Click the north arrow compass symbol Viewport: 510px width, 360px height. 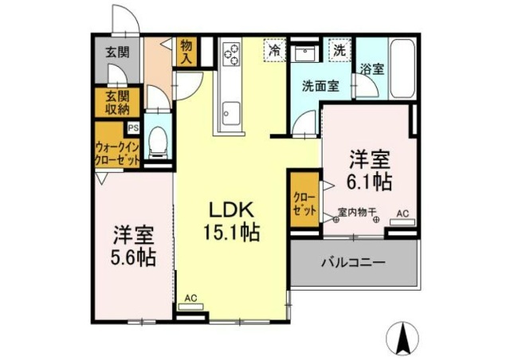[404, 339]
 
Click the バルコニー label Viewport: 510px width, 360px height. [353, 261]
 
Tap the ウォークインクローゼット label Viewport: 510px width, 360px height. [117, 152]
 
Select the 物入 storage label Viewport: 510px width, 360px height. [187, 52]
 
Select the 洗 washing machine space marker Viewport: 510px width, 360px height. [340, 49]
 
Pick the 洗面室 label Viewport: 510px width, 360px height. [320, 87]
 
